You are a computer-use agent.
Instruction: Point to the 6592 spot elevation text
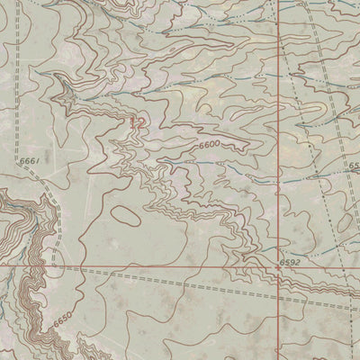(x=289, y=262)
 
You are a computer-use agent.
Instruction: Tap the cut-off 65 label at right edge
(x=354, y=166)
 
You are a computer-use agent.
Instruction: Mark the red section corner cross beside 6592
(x=277, y=267)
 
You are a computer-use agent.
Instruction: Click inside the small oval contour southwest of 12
(x=126, y=216)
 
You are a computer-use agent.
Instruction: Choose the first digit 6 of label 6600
(x=201, y=145)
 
